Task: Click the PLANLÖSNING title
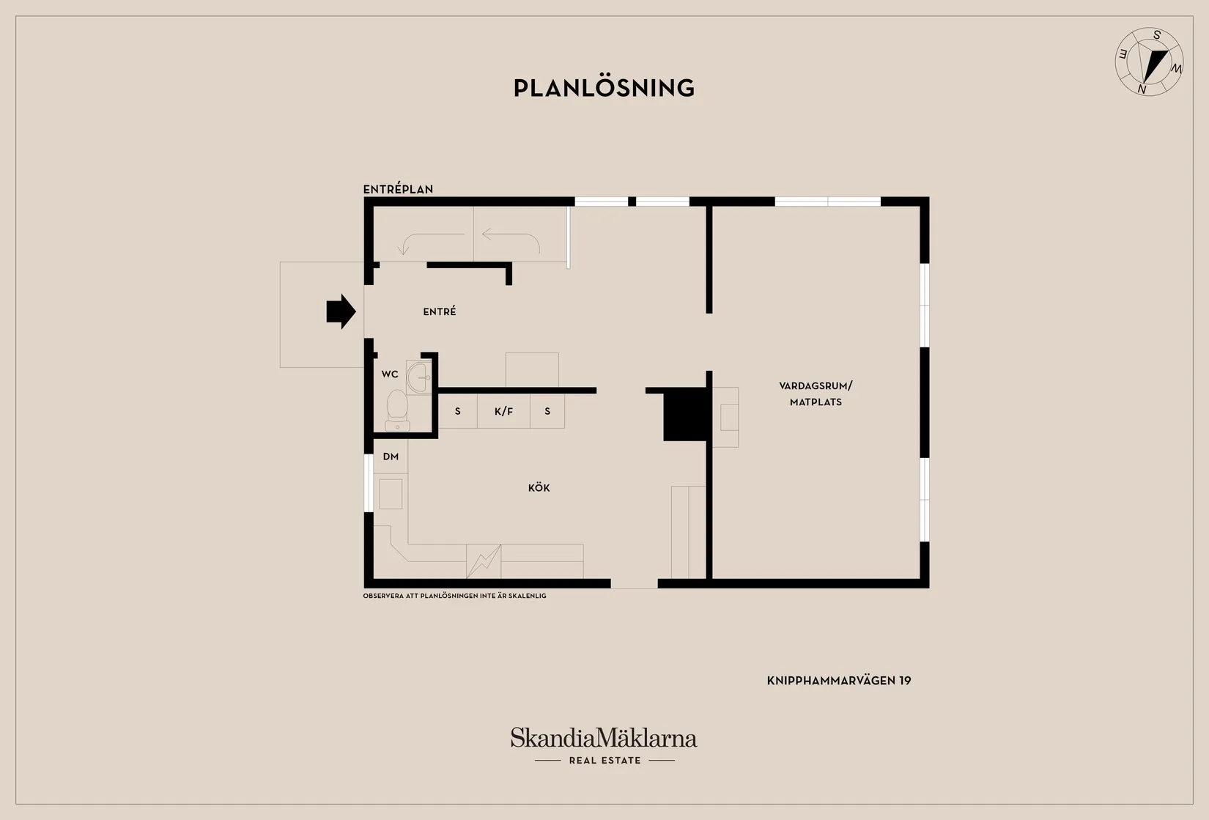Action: (x=604, y=88)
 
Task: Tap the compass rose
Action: (x=1149, y=62)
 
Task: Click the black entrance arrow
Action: (x=341, y=311)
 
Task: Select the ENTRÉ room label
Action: (x=440, y=311)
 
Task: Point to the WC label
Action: (x=390, y=374)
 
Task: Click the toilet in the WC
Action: (x=397, y=411)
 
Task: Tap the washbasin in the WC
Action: (x=419, y=377)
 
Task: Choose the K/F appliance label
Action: (x=503, y=411)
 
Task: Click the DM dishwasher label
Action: (x=391, y=457)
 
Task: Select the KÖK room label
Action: (x=539, y=488)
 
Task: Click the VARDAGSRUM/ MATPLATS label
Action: (x=816, y=394)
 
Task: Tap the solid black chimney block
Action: (x=685, y=414)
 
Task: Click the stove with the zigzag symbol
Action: (x=484, y=561)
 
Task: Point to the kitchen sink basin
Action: (x=391, y=494)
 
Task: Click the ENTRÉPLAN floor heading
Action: (x=398, y=190)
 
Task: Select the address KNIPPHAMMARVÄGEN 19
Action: (x=839, y=681)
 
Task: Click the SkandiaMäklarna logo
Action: (x=604, y=738)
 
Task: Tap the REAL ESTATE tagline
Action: (x=605, y=760)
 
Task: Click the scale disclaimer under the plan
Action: (x=454, y=596)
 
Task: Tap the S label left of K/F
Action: (x=458, y=411)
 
